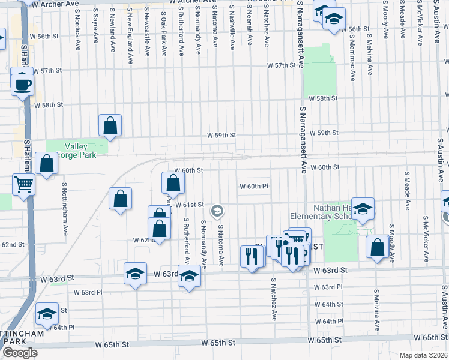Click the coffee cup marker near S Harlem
[23, 83]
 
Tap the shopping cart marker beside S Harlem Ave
[24, 184]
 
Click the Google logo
[19, 353]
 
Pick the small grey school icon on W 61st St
[217, 211]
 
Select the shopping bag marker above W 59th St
[110, 126]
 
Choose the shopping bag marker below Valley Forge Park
[46, 163]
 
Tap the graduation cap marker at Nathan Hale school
[363, 209]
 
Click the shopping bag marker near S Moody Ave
[377, 248]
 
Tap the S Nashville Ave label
[232, 25]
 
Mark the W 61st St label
[190, 205]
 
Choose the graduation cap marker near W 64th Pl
[47, 314]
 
